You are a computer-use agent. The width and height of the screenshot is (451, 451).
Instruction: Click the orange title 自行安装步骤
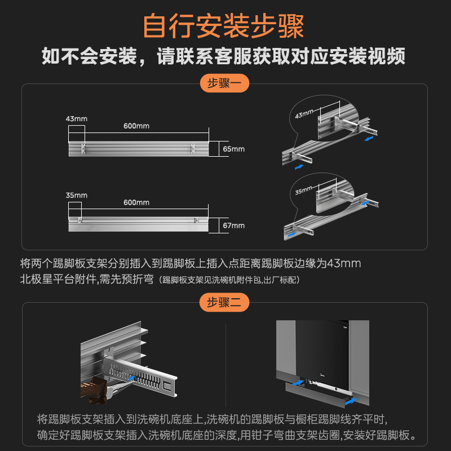(224, 25)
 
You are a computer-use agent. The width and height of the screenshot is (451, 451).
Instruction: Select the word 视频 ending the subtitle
(388, 57)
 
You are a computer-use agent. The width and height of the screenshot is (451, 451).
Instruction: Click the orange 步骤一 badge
(224, 84)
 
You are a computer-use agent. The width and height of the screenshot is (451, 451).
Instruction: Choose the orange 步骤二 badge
(224, 303)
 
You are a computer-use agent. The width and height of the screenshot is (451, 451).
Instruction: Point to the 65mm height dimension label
(234, 149)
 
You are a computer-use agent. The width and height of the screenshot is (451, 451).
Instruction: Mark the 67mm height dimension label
(234, 225)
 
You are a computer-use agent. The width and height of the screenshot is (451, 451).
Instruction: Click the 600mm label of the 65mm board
(136, 126)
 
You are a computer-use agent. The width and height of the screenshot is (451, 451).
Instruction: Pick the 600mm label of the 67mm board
(136, 202)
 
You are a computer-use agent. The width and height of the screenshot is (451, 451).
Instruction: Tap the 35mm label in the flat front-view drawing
(77, 195)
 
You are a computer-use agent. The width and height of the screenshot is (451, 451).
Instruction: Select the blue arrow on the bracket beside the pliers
(132, 379)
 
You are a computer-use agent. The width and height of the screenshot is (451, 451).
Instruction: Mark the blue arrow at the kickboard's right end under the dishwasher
(351, 401)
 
